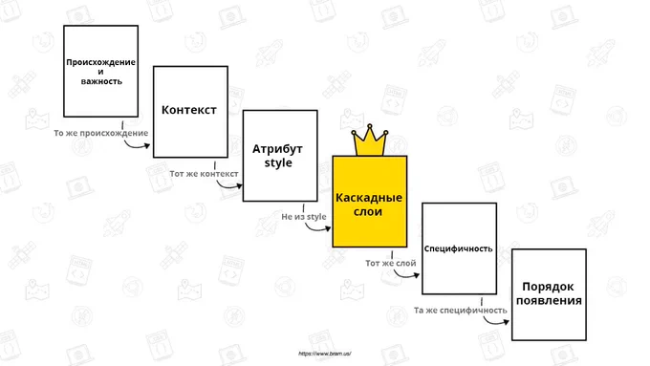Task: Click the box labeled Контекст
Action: click(190, 112)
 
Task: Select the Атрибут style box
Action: click(280, 156)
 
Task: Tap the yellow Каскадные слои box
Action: click(370, 202)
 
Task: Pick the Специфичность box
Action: click(460, 248)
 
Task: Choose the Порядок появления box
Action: click(549, 294)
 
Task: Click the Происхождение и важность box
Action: click(100, 71)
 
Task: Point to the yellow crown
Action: click(370, 140)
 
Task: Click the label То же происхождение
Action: click(100, 133)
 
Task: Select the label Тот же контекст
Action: click(204, 174)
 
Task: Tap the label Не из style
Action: click(304, 216)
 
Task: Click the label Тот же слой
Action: click(391, 263)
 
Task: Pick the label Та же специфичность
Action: click(460, 310)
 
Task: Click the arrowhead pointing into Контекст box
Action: click(147, 145)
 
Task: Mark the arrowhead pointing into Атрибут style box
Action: click(239, 186)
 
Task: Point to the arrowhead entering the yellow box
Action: click(328, 228)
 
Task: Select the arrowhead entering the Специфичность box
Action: click(416, 275)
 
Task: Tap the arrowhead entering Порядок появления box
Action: click(506, 322)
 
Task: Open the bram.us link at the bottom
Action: click(325, 354)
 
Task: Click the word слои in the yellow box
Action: click(368, 211)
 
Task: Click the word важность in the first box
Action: click(101, 81)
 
